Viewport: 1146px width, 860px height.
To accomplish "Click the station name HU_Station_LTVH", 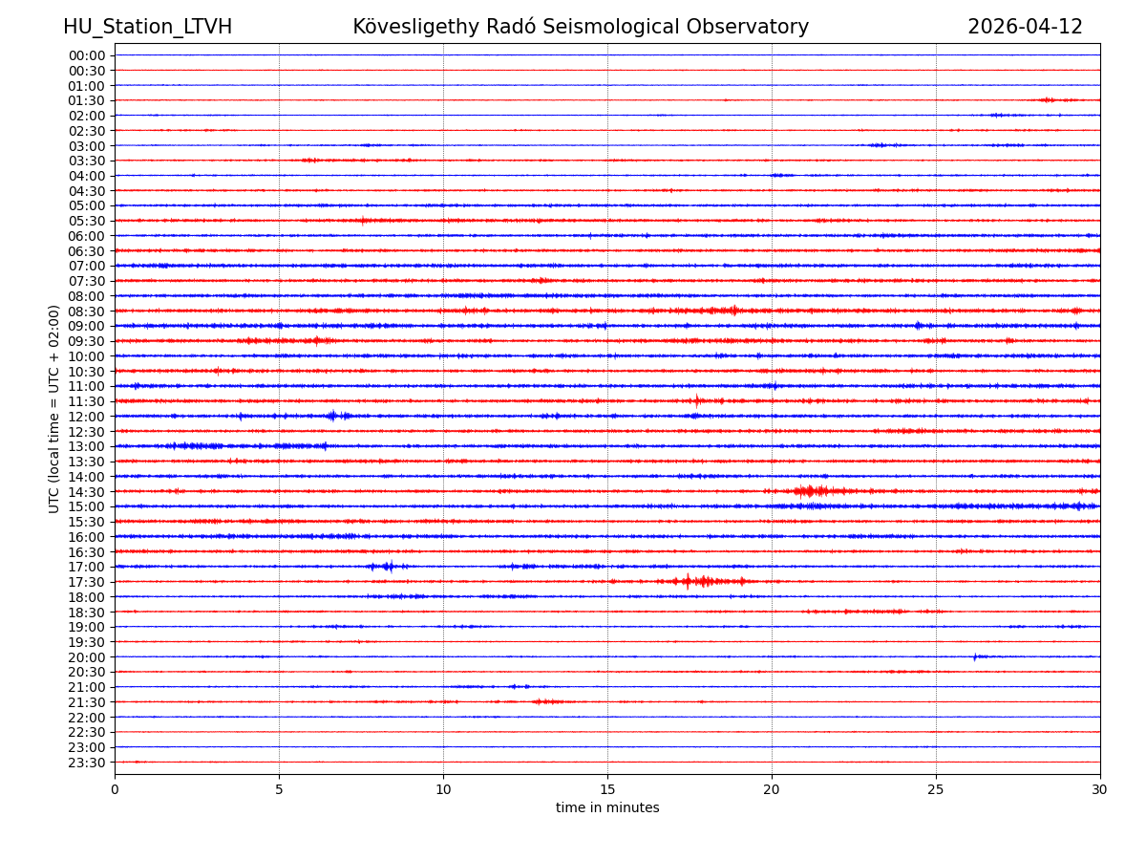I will [x=147, y=27].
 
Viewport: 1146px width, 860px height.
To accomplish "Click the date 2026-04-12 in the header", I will [x=1025, y=27].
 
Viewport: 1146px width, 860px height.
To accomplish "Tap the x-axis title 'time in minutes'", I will [x=607, y=808].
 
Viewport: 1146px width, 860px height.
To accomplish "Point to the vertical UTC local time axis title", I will [x=54, y=409].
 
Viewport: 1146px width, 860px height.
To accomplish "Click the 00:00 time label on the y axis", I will [x=87, y=55].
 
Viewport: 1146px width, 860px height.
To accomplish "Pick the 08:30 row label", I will [x=87, y=312].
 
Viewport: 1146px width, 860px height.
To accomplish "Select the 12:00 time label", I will [x=87, y=417].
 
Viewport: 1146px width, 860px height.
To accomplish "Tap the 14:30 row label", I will [x=87, y=492].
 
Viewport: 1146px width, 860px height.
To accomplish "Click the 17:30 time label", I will [x=87, y=582].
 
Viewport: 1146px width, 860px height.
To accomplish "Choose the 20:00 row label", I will [x=87, y=657].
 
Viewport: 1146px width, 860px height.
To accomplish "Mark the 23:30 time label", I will [x=87, y=763].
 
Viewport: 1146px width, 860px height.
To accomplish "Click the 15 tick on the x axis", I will [x=607, y=789].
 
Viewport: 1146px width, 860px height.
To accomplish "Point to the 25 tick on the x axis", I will [x=936, y=789].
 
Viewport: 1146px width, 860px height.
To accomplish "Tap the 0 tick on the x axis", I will [x=115, y=789].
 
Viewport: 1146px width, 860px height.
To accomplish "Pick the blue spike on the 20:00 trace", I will [x=975, y=656].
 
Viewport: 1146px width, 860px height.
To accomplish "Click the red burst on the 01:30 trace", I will [x=1049, y=99].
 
